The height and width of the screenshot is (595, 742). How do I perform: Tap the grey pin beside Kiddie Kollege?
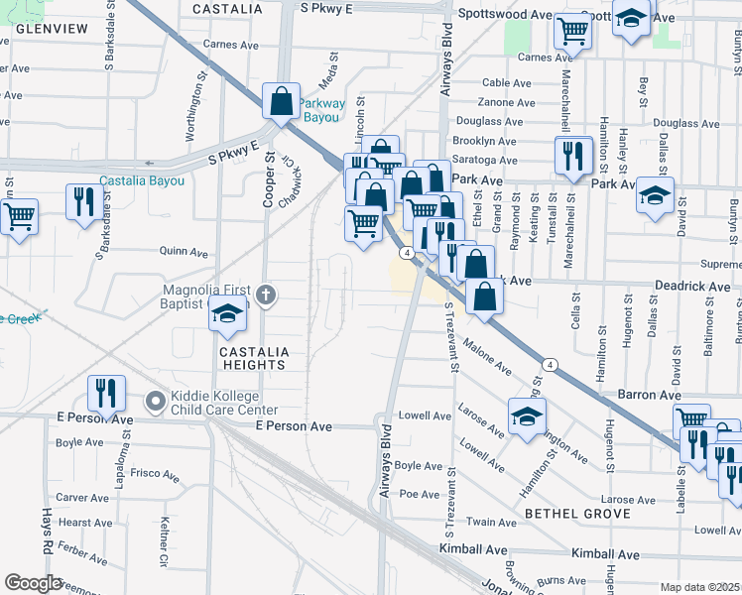[155, 402]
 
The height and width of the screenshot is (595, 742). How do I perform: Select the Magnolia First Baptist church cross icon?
[265, 295]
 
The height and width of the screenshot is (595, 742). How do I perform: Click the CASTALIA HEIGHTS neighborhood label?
[255, 358]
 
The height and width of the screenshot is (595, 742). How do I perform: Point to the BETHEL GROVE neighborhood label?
[577, 514]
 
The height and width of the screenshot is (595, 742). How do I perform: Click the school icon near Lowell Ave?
[527, 416]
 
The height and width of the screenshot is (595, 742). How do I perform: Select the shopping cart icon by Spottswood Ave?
[572, 31]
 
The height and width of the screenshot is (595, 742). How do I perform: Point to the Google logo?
[33, 583]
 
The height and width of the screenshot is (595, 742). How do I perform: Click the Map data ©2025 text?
[698, 587]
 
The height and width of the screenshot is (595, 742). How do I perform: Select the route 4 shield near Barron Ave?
[551, 364]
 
